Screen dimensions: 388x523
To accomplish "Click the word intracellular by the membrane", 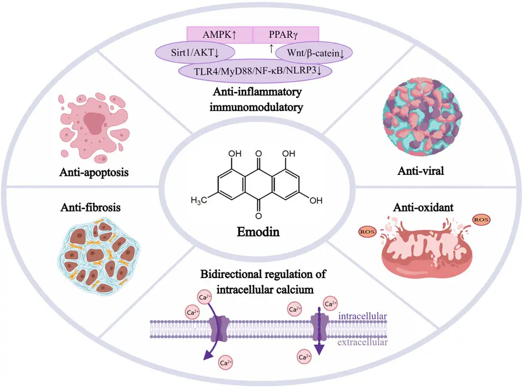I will (362, 317).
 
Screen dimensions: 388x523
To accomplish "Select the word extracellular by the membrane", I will (362, 343).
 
